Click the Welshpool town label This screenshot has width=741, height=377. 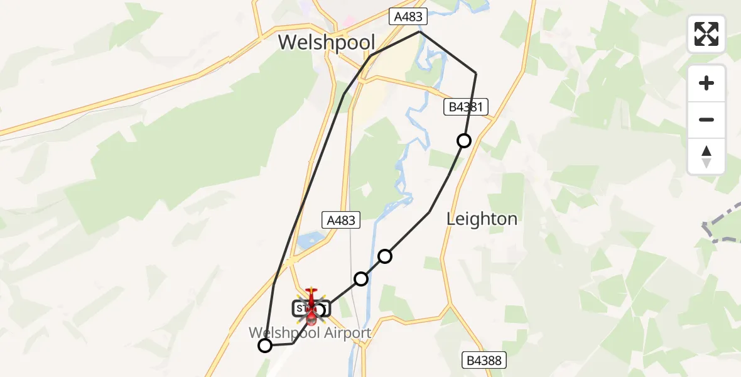coord(327,43)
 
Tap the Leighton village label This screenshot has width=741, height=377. coord(482,219)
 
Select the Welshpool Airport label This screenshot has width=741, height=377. coord(310,332)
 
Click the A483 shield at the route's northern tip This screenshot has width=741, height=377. coord(408,17)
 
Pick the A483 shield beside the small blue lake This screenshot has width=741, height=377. coord(342,220)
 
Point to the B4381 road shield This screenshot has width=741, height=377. coord(465,107)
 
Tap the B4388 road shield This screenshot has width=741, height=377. coord(484,361)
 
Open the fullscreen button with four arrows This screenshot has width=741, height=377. coord(706,34)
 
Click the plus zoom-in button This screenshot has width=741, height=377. coord(706,84)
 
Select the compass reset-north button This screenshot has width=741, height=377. coord(706,156)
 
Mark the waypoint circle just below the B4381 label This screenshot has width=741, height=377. coord(464,141)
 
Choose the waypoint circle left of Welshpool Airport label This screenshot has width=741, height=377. coord(265,346)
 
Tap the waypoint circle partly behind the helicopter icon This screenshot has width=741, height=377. coord(320,310)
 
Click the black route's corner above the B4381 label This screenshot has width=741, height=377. coord(476,74)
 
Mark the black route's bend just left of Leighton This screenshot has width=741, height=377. coord(430,212)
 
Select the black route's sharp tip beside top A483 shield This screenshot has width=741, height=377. coord(419,31)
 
